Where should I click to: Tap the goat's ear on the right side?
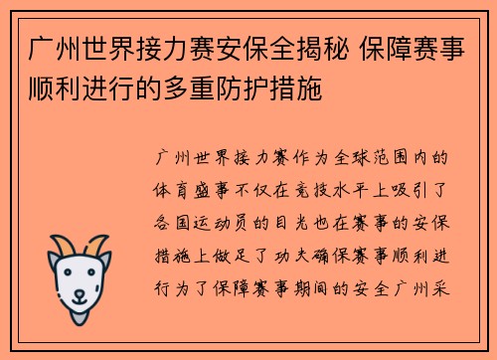pyautogui.click(x=107, y=261)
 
